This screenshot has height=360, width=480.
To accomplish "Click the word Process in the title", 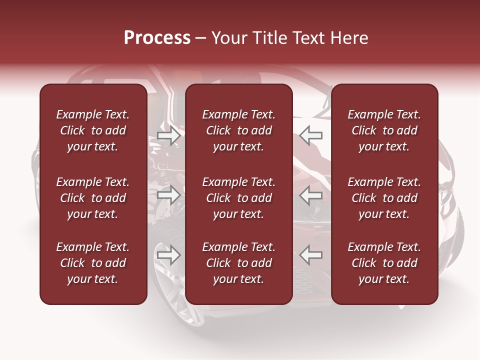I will (157, 38).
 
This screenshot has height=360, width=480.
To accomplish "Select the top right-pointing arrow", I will (169, 135).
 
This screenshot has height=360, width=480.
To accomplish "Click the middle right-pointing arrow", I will (169, 195).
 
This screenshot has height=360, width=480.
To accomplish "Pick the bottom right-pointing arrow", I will (169, 255).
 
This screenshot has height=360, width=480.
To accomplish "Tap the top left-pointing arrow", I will (311, 135).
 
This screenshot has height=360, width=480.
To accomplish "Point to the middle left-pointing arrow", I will (311, 195).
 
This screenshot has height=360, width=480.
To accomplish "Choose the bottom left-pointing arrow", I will (311, 255).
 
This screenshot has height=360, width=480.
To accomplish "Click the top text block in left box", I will (93, 130).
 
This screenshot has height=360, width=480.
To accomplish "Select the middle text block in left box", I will (93, 198).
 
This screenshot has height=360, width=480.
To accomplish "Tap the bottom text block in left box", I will (93, 263).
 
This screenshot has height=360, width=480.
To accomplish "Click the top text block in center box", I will (239, 130).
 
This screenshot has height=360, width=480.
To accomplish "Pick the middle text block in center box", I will (239, 198).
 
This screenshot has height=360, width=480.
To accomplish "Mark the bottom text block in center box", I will (239, 263).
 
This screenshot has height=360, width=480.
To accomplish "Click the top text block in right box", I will (384, 130).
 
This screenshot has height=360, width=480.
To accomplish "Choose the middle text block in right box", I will (384, 198).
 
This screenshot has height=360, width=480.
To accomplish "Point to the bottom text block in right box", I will (384, 263).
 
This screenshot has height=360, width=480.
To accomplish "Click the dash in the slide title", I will (201, 38).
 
